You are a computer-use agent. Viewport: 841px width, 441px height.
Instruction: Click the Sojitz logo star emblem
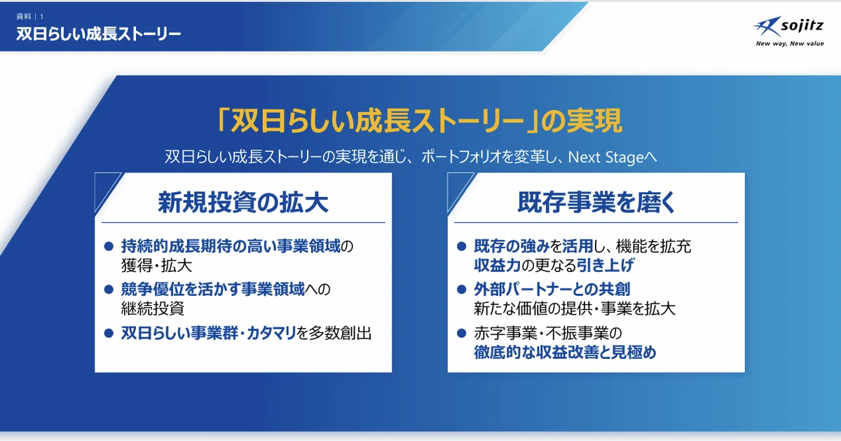pyautogui.click(x=767, y=27)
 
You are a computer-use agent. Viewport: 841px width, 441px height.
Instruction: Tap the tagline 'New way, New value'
pyautogui.click(x=790, y=43)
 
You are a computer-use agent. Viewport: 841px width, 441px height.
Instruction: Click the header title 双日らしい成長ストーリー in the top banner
pyautogui.click(x=98, y=34)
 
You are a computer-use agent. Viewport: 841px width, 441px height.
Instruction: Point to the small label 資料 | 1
pyautogui.click(x=30, y=17)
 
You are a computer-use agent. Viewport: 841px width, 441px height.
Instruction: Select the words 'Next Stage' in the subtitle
pyautogui.click(x=606, y=157)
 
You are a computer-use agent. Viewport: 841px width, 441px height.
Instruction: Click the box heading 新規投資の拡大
pyautogui.click(x=243, y=203)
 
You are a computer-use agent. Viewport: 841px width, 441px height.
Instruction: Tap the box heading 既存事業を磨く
pyautogui.click(x=596, y=203)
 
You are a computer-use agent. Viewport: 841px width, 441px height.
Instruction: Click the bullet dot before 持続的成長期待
pyautogui.click(x=109, y=246)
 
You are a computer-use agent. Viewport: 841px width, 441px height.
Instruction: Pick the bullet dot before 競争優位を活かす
pyautogui.click(x=109, y=290)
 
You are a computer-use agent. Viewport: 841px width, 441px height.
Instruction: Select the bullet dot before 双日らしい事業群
pyautogui.click(x=109, y=333)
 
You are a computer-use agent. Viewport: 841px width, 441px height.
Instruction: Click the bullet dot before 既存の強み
pyautogui.click(x=462, y=246)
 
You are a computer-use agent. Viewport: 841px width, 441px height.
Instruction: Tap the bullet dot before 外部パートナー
pyautogui.click(x=462, y=290)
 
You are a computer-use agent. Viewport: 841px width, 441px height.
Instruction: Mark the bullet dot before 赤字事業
pyautogui.click(x=462, y=333)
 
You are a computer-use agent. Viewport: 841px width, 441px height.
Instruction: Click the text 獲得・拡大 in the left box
pyautogui.click(x=156, y=266)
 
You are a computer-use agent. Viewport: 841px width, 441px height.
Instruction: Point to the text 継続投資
pyautogui.click(x=153, y=308)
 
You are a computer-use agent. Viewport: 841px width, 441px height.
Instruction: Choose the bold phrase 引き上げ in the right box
pyautogui.click(x=606, y=266)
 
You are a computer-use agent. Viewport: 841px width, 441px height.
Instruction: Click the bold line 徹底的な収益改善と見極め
pyautogui.click(x=565, y=353)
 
